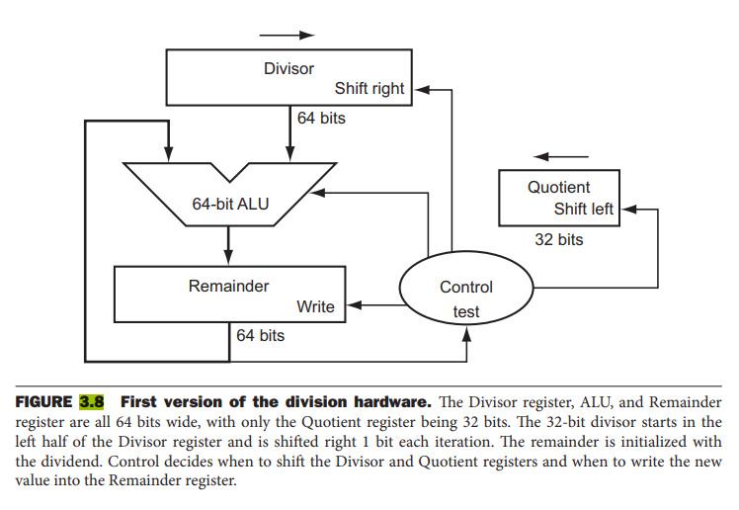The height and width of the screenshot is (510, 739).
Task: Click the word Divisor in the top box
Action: (288, 69)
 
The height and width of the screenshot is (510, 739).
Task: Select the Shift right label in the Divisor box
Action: (369, 89)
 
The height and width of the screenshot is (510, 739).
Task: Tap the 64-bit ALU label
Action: (230, 205)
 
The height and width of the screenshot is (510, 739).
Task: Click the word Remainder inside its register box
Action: (228, 287)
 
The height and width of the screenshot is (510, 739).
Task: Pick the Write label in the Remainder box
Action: (315, 307)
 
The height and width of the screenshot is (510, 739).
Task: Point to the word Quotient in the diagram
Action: (558, 188)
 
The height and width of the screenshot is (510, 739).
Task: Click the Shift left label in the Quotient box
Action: (584, 210)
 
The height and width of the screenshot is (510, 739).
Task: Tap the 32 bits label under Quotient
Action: (558, 240)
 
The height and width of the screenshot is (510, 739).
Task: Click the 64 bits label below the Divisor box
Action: (321, 119)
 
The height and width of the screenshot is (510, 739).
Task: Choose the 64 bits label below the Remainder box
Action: (260, 336)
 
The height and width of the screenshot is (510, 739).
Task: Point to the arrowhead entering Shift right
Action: (418, 89)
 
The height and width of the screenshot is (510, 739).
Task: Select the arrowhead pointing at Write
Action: (355, 306)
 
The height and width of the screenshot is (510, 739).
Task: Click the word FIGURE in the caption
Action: (44, 402)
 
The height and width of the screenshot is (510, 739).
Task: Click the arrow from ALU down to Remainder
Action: (228, 246)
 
